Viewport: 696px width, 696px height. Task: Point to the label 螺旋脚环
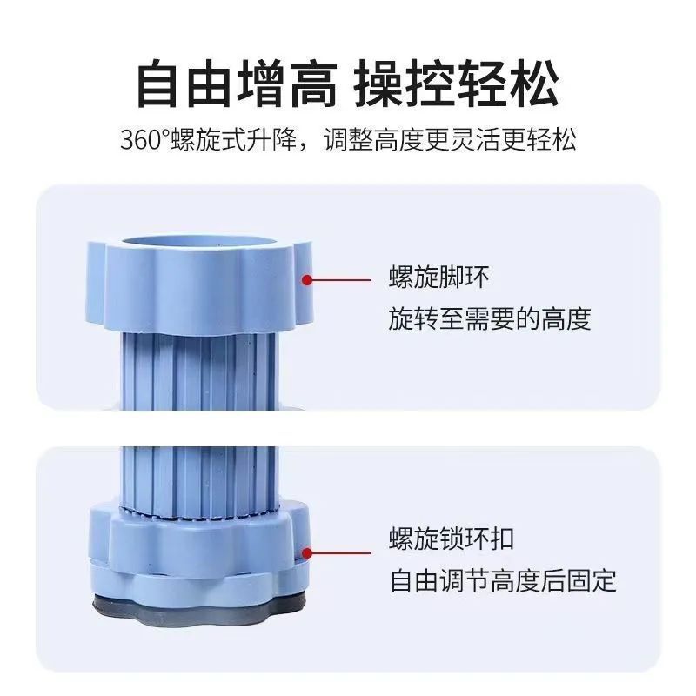[x=439, y=278]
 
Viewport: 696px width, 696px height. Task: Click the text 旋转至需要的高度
[x=490, y=319]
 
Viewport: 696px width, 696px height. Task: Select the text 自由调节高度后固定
[x=502, y=580]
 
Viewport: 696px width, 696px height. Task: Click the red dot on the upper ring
[x=306, y=279]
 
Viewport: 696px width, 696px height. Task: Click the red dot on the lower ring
[x=306, y=551]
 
